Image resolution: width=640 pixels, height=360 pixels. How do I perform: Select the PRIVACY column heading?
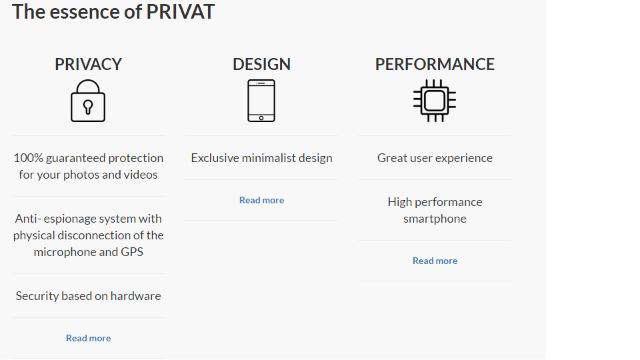[89, 64]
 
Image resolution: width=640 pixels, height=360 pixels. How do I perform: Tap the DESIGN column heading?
[261, 64]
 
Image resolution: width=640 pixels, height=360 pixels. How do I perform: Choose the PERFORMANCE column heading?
[435, 64]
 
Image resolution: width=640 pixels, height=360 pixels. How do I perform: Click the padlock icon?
[88, 101]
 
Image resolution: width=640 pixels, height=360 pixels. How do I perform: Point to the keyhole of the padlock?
[88, 107]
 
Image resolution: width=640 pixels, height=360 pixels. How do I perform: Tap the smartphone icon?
[261, 101]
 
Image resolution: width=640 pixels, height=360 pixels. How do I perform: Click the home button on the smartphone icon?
[261, 118]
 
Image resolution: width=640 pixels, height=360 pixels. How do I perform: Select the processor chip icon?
[435, 101]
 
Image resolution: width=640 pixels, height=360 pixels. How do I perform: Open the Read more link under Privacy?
[89, 338]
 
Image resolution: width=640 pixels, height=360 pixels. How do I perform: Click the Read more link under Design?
[261, 200]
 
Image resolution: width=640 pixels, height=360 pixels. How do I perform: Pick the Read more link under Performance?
[435, 261]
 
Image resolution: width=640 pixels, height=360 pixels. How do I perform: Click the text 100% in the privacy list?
[27, 158]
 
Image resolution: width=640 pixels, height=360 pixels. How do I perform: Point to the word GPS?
[129, 252]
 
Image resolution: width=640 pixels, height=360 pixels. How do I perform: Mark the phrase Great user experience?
[435, 158]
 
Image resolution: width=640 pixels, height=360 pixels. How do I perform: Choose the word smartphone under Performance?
[435, 219]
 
